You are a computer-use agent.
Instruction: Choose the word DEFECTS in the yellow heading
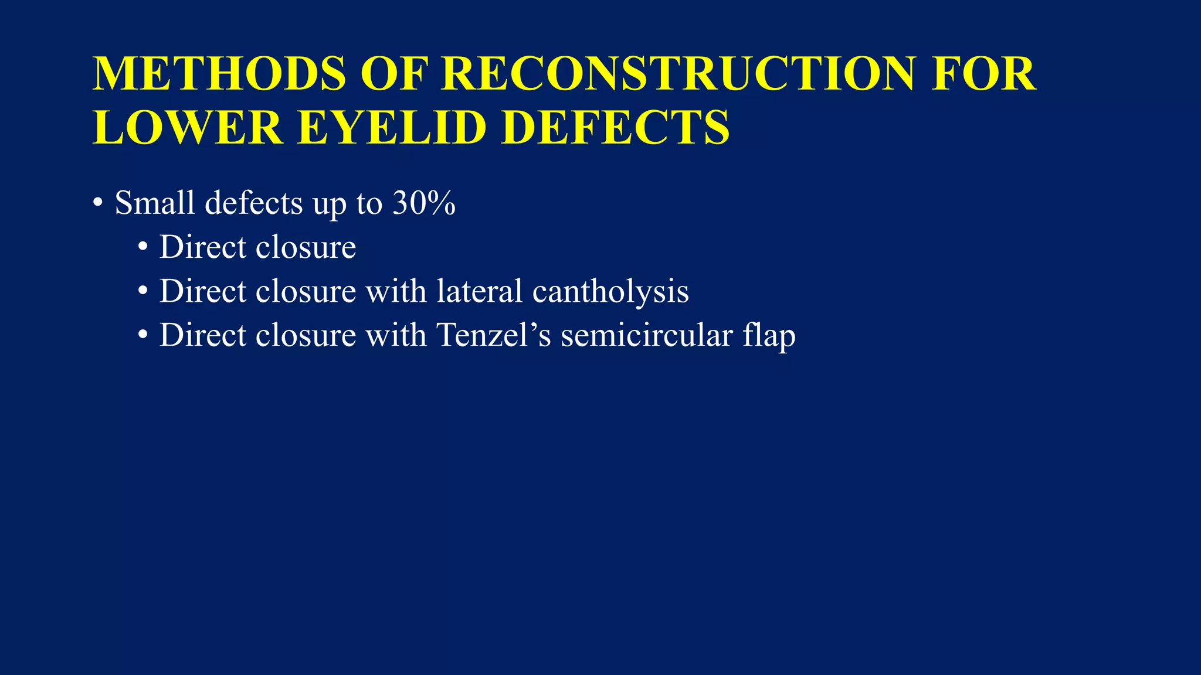[616, 127]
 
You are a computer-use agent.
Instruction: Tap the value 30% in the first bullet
[424, 203]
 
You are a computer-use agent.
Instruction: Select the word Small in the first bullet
[155, 203]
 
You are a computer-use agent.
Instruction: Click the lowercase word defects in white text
[254, 203]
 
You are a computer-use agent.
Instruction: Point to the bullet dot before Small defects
[98, 204]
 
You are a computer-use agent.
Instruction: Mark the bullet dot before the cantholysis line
[143, 292]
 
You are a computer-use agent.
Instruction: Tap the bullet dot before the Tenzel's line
[143, 336]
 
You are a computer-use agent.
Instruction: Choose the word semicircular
[647, 335]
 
